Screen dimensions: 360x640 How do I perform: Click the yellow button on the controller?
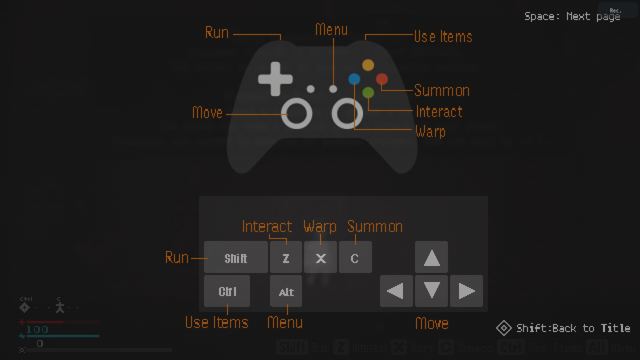click(x=368, y=65)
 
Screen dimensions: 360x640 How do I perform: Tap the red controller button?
click(x=381, y=79)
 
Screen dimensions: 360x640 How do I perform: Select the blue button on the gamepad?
click(x=354, y=79)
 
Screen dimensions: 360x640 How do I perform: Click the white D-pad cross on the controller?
click(x=275, y=79)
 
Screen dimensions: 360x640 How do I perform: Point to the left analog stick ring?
click(x=296, y=113)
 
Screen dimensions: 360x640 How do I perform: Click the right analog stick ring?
click(x=347, y=113)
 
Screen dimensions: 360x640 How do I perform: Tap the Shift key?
click(x=235, y=257)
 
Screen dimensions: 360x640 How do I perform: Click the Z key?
click(x=286, y=257)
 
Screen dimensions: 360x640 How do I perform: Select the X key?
click(x=320, y=257)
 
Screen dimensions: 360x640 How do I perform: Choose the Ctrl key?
click(x=227, y=291)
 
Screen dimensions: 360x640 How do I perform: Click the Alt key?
click(x=286, y=291)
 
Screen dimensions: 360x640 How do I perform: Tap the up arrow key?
click(x=431, y=257)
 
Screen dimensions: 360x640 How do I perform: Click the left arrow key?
click(x=396, y=291)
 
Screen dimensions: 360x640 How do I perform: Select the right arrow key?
click(x=466, y=291)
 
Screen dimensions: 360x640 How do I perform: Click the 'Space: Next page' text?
click(x=572, y=16)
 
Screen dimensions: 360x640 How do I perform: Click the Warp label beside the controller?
click(x=430, y=131)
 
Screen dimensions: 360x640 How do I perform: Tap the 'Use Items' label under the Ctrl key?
click(x=216, y=322)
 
